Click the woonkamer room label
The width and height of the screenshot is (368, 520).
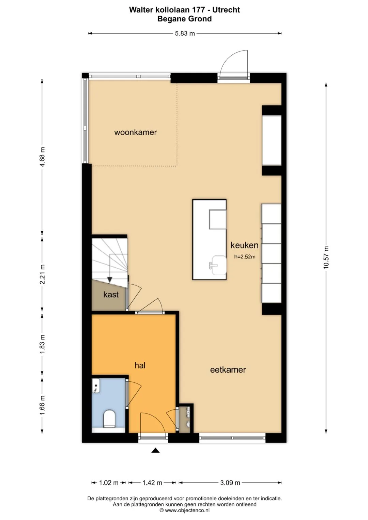136,132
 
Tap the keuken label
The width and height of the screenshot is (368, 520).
244,245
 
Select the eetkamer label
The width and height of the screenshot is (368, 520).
228,370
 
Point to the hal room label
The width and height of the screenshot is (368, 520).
140,365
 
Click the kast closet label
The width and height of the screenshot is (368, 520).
111,295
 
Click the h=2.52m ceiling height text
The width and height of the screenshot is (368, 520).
245,256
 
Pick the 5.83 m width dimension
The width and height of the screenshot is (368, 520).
185,33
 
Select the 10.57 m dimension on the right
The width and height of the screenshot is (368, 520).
326,257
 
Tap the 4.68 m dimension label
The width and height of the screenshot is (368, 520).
43,157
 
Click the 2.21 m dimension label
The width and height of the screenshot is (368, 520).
43,274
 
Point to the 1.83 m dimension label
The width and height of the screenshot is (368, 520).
43,344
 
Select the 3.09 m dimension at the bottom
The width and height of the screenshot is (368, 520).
230,483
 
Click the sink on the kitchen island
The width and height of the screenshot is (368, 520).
217,265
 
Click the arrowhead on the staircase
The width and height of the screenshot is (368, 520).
109,280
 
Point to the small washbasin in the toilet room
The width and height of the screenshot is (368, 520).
96,386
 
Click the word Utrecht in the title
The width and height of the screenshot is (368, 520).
226,10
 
